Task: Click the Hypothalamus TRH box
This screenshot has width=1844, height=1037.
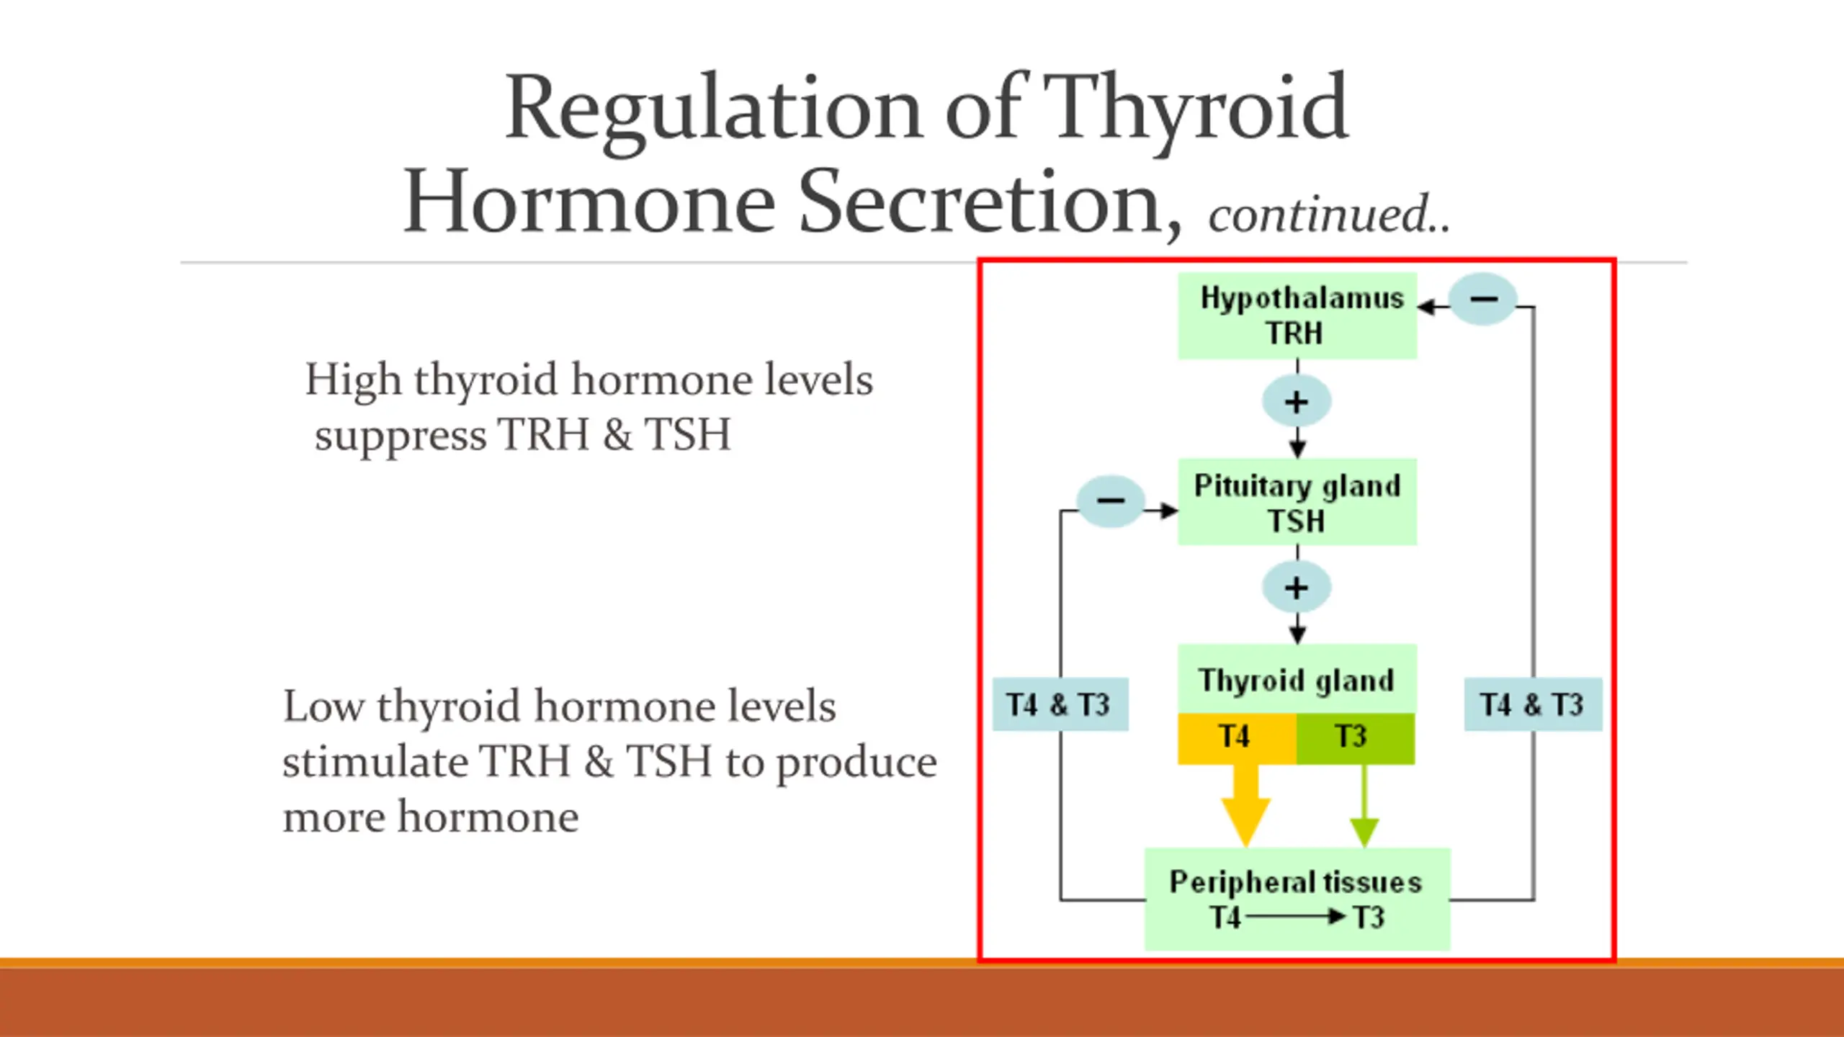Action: point(1297,315)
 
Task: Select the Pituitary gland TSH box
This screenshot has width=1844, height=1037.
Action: point(1297,502)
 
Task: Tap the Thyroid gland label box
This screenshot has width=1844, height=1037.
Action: point(1297,679)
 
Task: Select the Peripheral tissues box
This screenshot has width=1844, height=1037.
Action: point(1297,899)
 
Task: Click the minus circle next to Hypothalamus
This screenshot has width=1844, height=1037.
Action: point(1482,299)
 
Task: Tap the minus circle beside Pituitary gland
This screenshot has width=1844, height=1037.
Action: point(1110,501)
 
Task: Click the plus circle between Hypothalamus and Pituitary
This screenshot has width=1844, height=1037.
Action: point(1296,402)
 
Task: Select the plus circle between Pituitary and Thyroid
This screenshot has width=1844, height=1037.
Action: point(1296,588)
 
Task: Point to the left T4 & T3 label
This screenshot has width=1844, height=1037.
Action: point(1060,704)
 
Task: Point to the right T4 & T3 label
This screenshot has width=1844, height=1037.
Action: point(1533,704)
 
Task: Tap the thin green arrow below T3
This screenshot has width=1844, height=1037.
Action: point(1364,807)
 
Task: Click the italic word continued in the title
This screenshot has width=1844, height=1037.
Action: point(1318,215)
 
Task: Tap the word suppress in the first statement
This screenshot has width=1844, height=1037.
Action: point(400,436)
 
